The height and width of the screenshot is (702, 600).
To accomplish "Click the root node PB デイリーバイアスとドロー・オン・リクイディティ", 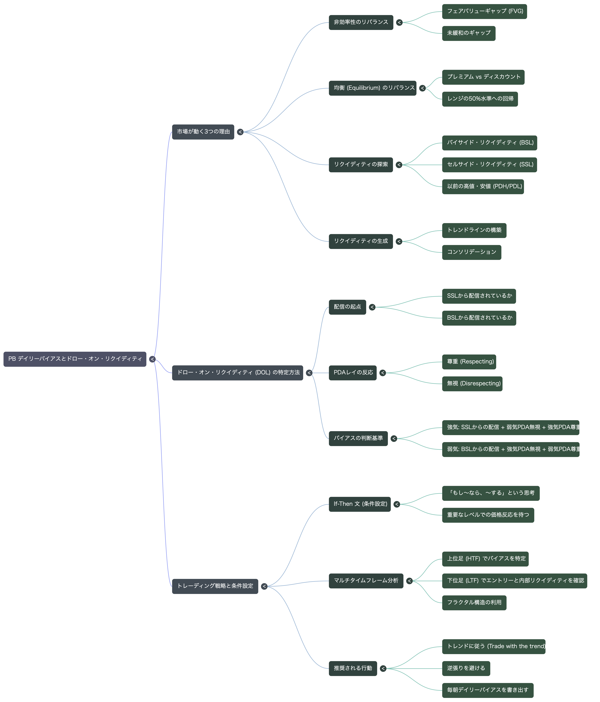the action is click(x=75, y=359).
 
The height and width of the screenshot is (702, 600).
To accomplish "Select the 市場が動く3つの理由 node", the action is click(x=203, y=132).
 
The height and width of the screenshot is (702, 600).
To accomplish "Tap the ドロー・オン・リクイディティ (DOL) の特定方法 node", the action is click(x=238, y=373).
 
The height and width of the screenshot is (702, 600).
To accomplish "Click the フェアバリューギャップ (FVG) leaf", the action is click(x=484, y=12).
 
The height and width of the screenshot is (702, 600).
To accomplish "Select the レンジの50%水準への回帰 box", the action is click(x=480, y=99).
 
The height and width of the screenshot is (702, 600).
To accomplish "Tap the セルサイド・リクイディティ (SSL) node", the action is click(x=489, y=165).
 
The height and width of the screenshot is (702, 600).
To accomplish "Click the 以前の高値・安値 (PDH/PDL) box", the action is click(x=483, y=187).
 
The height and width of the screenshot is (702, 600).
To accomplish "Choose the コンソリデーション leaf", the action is click(x=471, y=252).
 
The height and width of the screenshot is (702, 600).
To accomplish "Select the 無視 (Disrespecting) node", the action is click(x=472, y=384).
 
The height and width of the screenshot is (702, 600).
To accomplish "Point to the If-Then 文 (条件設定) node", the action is click(x=360, y=504).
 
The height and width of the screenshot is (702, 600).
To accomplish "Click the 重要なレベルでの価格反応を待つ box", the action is click(x=488, y=515).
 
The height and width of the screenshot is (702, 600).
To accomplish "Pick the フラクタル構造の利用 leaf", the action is click(x=474, y=603).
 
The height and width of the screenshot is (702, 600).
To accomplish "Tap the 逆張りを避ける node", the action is click(x=466, y=668).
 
